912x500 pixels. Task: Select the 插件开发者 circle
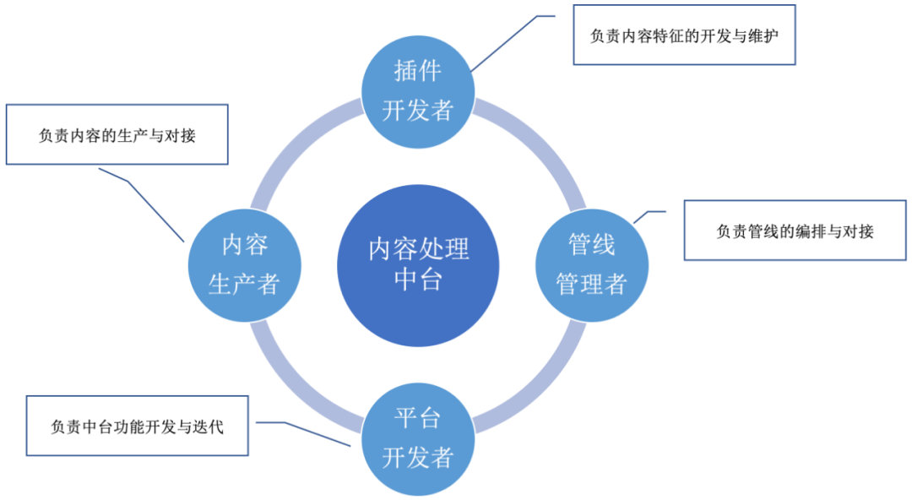418,90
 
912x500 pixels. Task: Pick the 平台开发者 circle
418,438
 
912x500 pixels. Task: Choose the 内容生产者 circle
244,264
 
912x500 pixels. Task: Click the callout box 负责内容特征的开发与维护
685,36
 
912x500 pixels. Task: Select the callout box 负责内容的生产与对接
117,134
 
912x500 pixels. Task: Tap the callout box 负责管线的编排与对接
795,231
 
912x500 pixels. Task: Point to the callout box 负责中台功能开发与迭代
137,425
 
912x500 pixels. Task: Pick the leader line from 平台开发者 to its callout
304,432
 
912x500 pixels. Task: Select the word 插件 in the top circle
418,71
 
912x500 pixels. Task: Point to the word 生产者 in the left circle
244,284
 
